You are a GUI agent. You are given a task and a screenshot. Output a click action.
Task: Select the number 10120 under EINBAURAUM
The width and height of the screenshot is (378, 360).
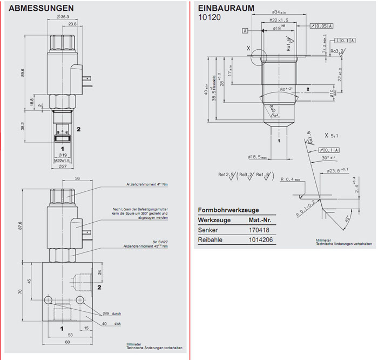(x=210, y=17)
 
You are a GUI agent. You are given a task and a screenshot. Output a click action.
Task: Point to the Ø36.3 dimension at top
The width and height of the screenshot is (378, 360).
(x=63, y=17)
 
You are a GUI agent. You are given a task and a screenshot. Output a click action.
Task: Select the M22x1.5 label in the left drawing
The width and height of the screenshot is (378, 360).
(x=63, y=160)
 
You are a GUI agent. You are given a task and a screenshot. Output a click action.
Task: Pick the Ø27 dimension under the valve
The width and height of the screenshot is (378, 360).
(x=63, y=166)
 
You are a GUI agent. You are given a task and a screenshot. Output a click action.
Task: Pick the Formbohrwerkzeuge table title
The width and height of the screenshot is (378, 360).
(x=228, y=210)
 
